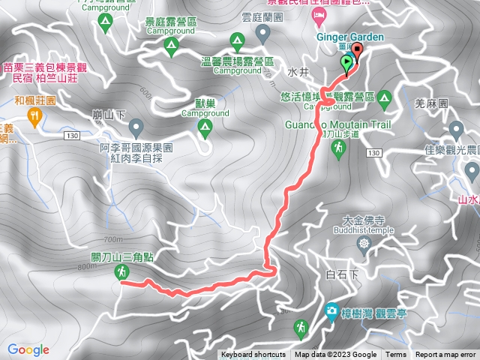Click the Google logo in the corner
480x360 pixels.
[x=28, y=349]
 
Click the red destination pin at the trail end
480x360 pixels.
[x=356, y=52]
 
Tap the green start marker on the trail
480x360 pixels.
[x=346, y=63]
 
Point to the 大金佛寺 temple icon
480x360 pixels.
[x=364, y=243]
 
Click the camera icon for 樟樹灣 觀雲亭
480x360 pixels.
[x=331, y=310]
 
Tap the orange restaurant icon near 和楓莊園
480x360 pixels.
[x=34, y=115]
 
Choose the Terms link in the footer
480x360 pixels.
[x=396, y=355]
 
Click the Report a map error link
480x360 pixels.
[x=445, y=355]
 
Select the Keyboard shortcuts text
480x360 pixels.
[x=253, y=355]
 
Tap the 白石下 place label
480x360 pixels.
[x=343, y=274]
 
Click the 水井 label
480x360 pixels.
[x=295, y=74]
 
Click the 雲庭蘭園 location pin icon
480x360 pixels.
[x=262, y=33]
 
